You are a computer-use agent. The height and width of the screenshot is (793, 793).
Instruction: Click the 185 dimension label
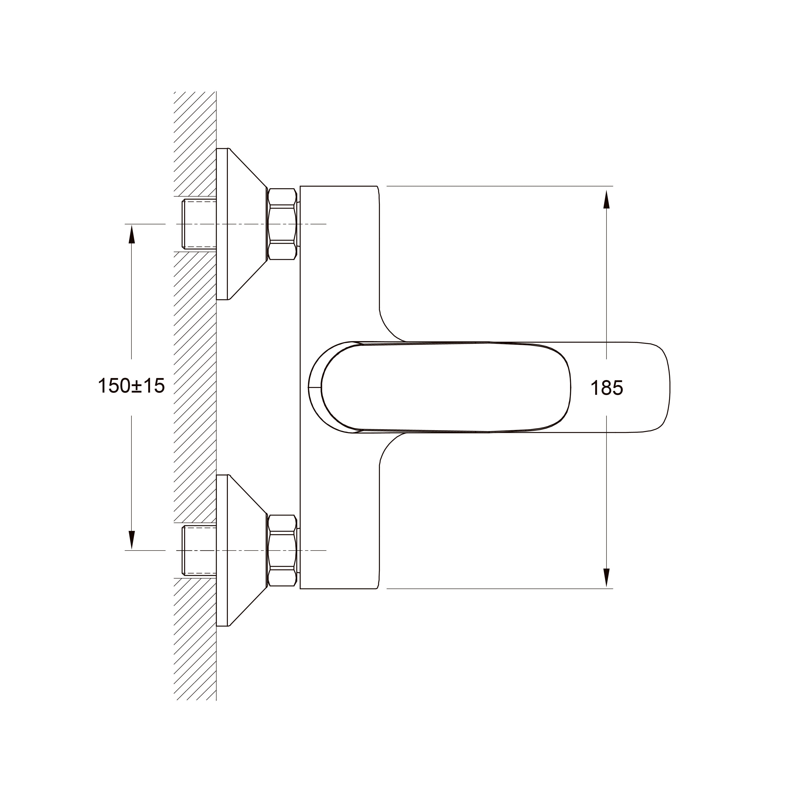[x=606, y=388]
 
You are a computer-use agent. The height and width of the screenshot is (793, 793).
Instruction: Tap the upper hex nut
[x=282, y=224]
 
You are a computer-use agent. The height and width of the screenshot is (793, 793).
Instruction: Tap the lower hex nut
[x=282, y=550]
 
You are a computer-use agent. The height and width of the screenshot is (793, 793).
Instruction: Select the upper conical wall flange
[x=242, y=224]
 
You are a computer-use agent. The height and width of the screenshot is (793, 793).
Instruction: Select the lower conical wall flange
[x=242, y=550]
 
